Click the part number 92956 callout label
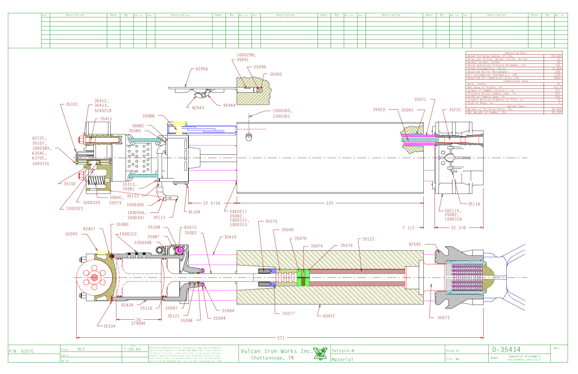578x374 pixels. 202,69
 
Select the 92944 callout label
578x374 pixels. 229,106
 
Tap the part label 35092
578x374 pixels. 275,74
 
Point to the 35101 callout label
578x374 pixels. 71,104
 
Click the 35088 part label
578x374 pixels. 149,116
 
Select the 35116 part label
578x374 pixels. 473,203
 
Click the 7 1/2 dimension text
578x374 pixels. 408,228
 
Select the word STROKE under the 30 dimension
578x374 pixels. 139,323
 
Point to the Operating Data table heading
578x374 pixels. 515,53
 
